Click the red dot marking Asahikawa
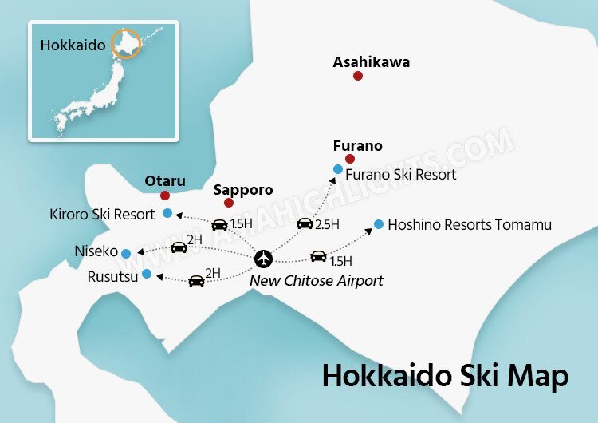[x=358, y=76]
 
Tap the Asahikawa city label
[x=372, y=61]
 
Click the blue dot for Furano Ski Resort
[x=338, y=169]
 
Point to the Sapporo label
[x=243, y=190]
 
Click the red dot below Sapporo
[x=229, y=203]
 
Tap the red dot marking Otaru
[x=165, y=196]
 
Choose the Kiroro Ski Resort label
[x=102, y=214]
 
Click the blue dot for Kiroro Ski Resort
[x=167, y=213]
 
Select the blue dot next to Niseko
[x=126, y=253]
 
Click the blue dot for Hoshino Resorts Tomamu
[x=378, y=224]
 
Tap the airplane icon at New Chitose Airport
[x=264, y=259]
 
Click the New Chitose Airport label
[x=317, y=281]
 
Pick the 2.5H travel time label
[x=327, y=224]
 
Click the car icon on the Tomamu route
[x=318, y=256]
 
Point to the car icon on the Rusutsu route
[x=196, y=280]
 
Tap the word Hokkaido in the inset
[x=73, y=45]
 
